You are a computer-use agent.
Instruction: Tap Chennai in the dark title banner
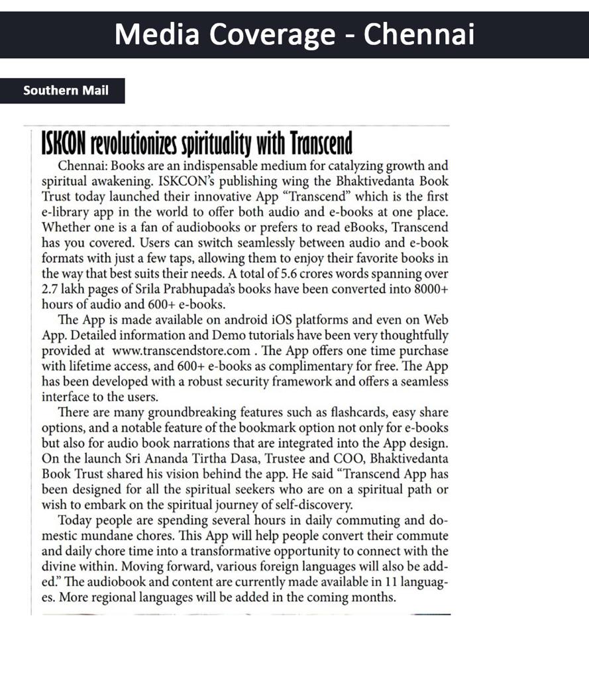[x=419, y=34]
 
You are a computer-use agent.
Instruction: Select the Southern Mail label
[x=66, y=90]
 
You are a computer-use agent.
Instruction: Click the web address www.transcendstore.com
[x=182, y=351]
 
